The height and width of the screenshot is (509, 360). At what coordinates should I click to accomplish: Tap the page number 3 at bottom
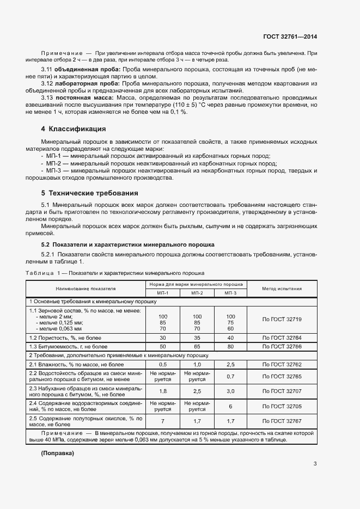click(315, 464)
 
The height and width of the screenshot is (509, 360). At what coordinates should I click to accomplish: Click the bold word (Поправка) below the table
click(57, 453)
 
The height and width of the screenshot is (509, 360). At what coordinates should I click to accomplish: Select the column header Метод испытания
click(282, 289)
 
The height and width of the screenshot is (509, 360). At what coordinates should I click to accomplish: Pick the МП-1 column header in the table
click(162, 293)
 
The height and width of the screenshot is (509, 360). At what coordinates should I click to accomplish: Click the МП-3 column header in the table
click(230, 293)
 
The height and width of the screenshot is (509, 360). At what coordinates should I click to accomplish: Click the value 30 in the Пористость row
click(162, 338)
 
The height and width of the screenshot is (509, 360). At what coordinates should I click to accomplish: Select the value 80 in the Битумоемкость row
click(230, 346)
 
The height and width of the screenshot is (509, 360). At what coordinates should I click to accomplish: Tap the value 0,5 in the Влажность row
click(162, 364)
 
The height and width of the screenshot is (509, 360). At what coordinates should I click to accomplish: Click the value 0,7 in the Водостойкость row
click(230, 376)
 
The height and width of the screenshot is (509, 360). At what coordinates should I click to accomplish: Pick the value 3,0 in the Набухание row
click(230, 391)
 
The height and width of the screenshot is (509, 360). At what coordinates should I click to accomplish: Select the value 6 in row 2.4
click(230, 406)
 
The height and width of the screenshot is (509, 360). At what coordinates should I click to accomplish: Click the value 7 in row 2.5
click(162, 421)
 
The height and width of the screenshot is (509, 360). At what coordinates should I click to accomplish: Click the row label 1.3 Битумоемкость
click(64, 346)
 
